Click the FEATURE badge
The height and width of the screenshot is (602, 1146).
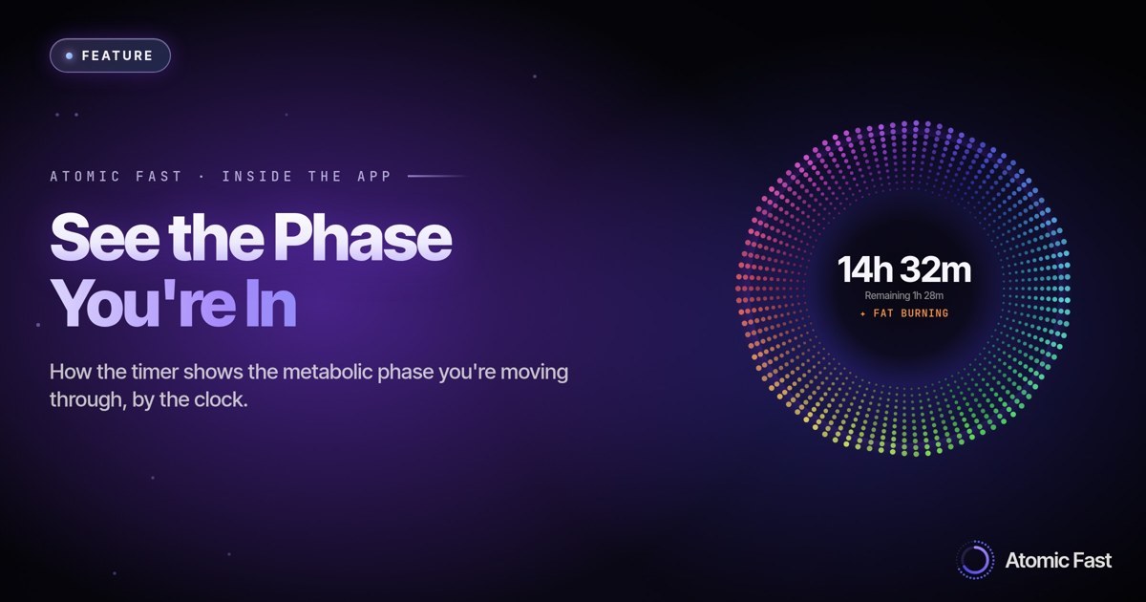click(x=110, y=55)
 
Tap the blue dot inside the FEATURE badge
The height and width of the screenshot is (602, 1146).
click(x=70, y=55)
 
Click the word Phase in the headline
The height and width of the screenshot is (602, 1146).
click(x=363, y=239)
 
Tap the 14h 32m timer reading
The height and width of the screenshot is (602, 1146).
click(x=904, y=269)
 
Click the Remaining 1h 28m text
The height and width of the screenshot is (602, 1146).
click(x=904, y=296)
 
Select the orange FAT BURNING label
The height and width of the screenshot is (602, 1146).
click(x=904, y=313)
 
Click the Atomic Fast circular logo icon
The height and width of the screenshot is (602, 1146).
click(x=975, y=560)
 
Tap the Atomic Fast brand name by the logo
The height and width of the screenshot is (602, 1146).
click(x=1058, y=561)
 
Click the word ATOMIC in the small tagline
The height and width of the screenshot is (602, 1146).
click(x=85, y=177)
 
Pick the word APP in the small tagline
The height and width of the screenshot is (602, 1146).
click(x=374, y=177)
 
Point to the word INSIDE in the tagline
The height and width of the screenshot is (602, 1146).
click(x=257, y=177)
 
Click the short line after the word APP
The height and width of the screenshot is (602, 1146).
click(x=438, y=176)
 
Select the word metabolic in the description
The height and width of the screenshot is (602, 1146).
click(x=328, y=372)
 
